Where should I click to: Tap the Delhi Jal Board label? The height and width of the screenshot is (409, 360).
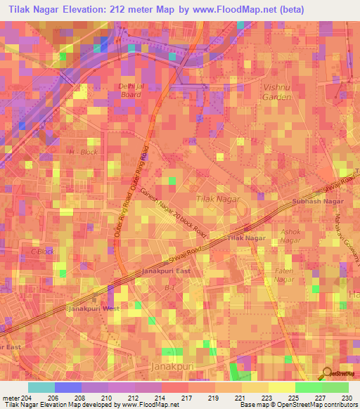coord(131,90)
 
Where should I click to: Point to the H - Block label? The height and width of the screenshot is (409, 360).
coord(82,152)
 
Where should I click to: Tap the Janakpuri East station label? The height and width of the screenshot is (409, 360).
coord(166,271)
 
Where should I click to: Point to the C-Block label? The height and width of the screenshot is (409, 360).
coord(41,252)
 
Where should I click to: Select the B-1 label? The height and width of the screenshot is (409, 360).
coord(169,287)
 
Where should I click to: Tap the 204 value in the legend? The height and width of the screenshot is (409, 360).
coord(27,398)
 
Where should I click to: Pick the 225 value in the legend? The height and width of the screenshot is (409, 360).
coord(295,398)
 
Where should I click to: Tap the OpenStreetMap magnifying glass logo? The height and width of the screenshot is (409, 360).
coord(327,374)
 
